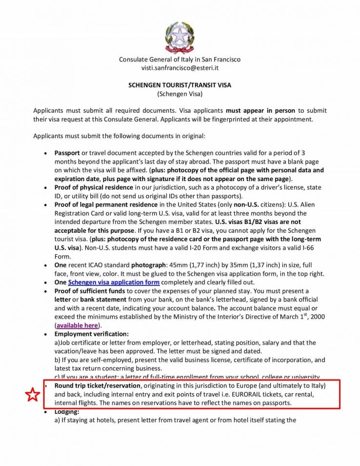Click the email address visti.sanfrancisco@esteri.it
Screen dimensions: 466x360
point(180,68)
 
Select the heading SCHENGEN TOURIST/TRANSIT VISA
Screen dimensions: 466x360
point(180,85)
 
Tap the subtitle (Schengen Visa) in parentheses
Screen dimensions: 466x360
point(180,93)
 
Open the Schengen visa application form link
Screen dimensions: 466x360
point(114,283)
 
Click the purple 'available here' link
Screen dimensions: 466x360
point(77,325)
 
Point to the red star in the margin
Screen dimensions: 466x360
point(32,394)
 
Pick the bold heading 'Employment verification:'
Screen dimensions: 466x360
point(92,334)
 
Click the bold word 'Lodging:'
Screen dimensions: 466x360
point(67,412)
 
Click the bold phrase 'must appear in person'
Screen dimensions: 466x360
point(260,111)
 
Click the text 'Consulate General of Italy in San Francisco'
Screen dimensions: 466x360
point(180,60)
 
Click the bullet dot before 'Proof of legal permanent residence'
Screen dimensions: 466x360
point(45,205)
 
